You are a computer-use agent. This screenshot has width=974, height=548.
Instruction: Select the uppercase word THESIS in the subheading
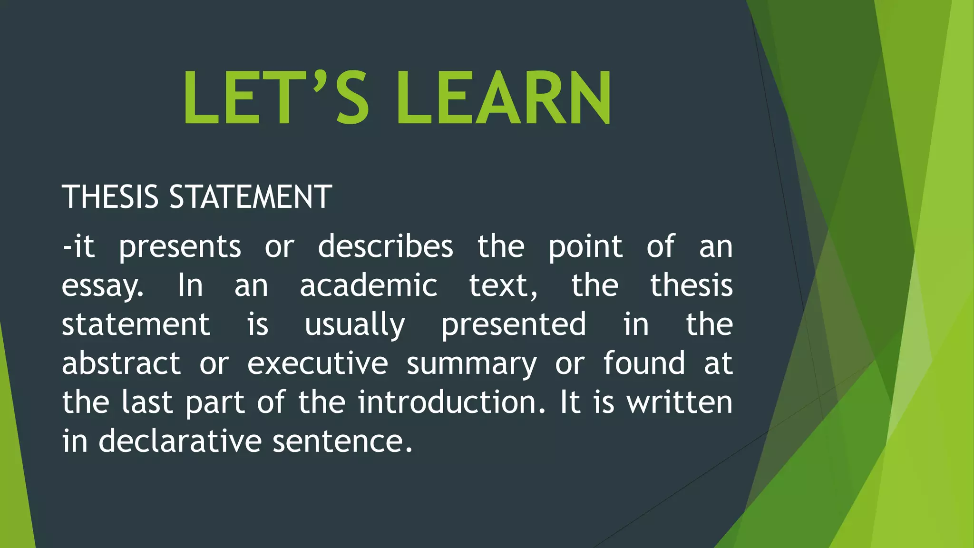tap(110, 196)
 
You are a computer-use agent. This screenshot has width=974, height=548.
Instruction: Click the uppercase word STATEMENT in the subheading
tap(251, 196)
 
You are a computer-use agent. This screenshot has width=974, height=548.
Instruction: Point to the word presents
tap(180, 247)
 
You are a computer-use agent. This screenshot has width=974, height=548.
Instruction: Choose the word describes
tap(385, 246)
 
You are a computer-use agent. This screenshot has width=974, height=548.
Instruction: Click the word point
tap(585, 247)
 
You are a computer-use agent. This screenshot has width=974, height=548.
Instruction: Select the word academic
tap(368, 285)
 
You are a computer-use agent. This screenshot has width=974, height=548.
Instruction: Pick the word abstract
tap(121, 363)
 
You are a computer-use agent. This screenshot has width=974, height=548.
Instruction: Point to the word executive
tap(318, 363)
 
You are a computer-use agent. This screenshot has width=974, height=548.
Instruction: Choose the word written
tap(680, 402)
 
